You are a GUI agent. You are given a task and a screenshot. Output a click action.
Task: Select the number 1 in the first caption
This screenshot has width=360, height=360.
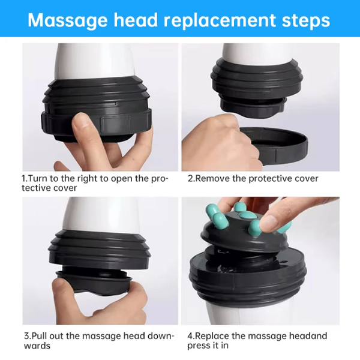pos(24,178)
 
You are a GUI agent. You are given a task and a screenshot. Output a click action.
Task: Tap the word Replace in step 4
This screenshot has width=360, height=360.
pos(214,336)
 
